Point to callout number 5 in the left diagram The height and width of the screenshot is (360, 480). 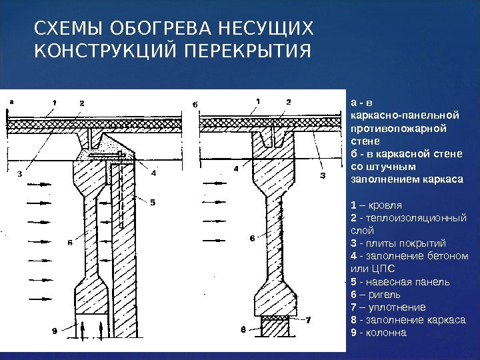(x=152, y=203)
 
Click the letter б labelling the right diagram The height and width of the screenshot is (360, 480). (x=195, y=104)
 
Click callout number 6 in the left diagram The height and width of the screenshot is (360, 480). (x=69, y=243)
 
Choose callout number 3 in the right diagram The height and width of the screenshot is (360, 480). (x=323, y=176)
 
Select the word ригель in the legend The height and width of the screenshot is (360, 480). (x=379, y=294)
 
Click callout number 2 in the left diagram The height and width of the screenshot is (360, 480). (x=81, y=103)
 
